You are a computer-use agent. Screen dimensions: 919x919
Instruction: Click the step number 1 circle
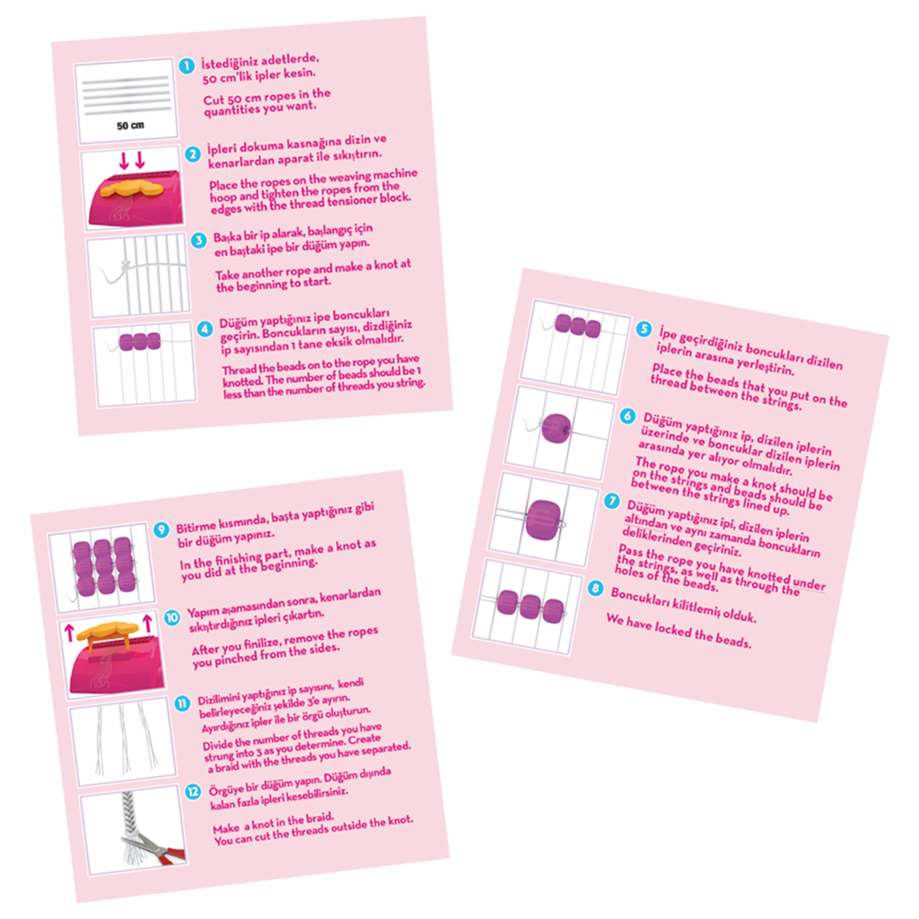click(x=187, y=66)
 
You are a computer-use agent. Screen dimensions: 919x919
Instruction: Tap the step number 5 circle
click(x=643, y=328)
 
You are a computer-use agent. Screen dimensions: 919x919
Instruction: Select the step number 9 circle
click(x=162, y=530)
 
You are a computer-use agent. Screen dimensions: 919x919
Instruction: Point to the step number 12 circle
click(x=193, y=792)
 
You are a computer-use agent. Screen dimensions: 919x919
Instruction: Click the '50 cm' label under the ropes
click(x=130, y=126)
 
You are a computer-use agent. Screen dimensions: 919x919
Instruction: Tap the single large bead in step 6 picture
click(x=556, y=428)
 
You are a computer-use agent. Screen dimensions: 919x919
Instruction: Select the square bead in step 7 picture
click(x=543, y=520)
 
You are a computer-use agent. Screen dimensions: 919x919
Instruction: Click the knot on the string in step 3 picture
click(x=125, y=267)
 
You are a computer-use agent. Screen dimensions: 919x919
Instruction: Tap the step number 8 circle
click(x=596, y=588)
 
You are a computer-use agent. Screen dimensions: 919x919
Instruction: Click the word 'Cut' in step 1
click(x=214, y=101)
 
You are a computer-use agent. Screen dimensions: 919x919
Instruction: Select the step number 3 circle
click(x=198, y=240)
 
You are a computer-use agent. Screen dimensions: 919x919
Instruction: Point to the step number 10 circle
click(x=171, y=617)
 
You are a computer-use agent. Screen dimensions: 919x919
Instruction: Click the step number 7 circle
click(x=612, y=501)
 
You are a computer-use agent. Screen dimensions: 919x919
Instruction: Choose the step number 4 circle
click(x=205, y=328)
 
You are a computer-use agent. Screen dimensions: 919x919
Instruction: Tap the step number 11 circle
click(x=182, y=704)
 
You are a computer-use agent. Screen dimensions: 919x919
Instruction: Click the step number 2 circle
click(x=192, y=154)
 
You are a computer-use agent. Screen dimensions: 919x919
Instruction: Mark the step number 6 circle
click(x=627, y=416)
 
